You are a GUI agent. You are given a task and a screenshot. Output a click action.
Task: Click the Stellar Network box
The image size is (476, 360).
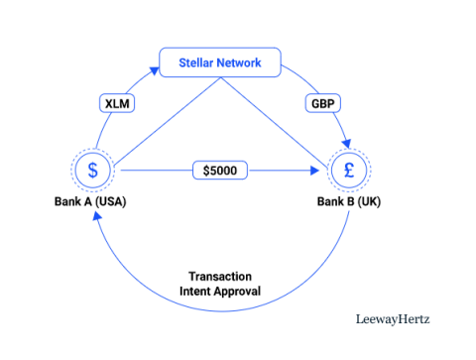point(220,61)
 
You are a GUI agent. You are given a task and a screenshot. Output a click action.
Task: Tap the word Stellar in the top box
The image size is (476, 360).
point(197,61)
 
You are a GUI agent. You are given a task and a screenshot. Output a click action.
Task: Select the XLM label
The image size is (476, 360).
point(117,102)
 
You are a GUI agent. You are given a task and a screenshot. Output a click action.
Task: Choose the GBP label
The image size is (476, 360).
point(322,102)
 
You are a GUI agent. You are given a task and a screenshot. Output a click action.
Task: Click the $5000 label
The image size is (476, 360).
point(220,171)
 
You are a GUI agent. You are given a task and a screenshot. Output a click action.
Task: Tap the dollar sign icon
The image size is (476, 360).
point(93,171)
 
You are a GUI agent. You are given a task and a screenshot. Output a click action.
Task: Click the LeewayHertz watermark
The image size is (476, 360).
point(393,319)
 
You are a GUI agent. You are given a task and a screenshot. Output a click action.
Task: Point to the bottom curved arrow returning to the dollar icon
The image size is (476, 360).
point(220,311)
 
